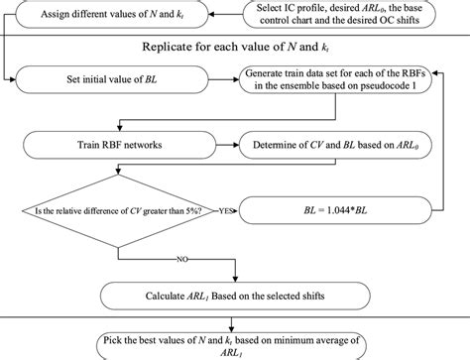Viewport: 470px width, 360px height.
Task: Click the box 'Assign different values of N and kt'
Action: pyautogui.click(x=118, y=16)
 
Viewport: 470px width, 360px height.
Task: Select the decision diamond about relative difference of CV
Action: pyautogui.click(x=120, y=210)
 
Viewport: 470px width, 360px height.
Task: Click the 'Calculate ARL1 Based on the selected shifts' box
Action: pyautogui.click(x=235, y=294)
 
